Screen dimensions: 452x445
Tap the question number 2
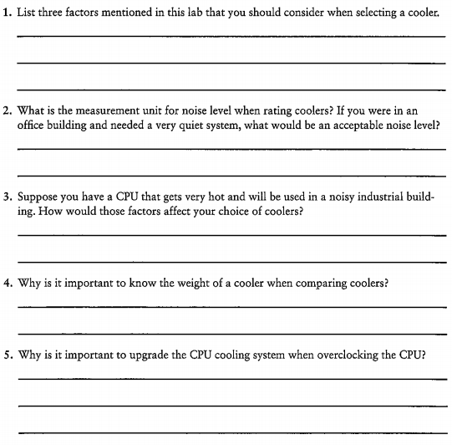coord(6,110)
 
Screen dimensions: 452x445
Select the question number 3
coord(6,198)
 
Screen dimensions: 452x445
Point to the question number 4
coord(6,283)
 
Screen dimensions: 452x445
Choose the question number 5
coord(6,355)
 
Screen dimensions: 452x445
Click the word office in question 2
coord(32,125)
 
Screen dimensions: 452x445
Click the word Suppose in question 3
coord(37,198)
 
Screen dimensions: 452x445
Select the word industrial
coord(379,198)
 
